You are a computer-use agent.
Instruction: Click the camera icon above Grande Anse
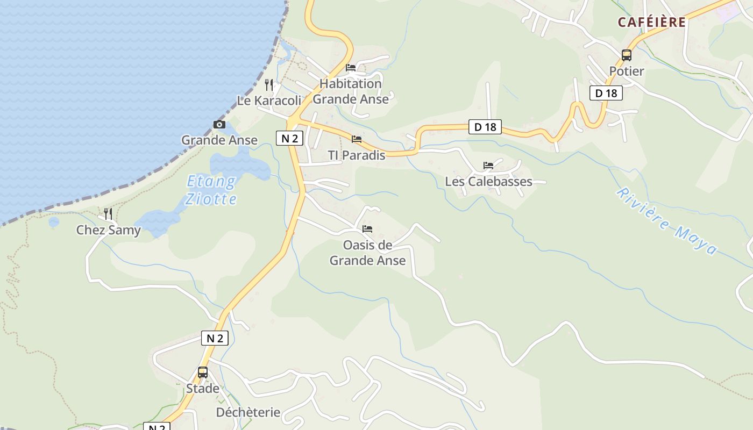tap(219, 125)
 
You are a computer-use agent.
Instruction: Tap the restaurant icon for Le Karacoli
tap(269, 85)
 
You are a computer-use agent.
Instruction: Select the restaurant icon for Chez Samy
tap(108, 214)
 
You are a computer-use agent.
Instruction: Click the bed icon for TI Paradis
tap(357, 139)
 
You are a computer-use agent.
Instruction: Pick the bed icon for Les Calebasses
tap(488, 166)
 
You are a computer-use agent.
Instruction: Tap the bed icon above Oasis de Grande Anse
tap(367, 229)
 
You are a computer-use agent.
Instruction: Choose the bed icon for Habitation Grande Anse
tap(351, 68)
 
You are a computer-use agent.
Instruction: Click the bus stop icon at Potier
tap(627, 55)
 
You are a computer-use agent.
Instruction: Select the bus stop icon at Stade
tap(203, 372)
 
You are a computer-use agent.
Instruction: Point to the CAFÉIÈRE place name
tap(652, 22)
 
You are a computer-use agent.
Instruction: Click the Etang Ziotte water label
tap(211, 190)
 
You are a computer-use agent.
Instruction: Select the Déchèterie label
tap(248, 412)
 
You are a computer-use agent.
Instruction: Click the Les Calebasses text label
tap(488, 182)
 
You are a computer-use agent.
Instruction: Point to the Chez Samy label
tap(108, 230)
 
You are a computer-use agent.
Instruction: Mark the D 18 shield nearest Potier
tap(606, 93)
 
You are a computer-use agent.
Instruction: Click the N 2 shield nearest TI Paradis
tap(290, 138)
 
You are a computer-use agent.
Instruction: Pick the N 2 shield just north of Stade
tap(215, 338)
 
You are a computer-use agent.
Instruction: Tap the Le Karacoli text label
tap(269, 101)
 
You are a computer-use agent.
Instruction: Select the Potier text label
tap(627, 71)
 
